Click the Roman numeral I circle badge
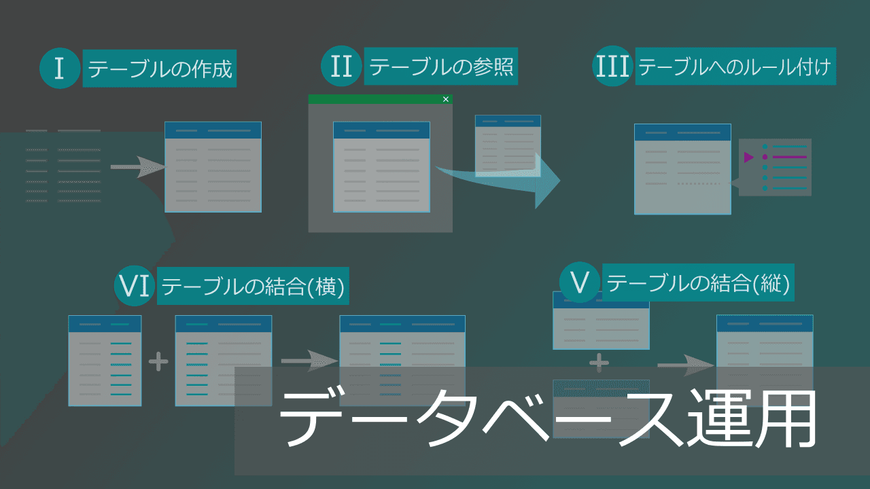(60, 69)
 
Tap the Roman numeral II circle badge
(341, 67)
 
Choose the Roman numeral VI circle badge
(134, 285)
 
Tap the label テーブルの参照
(440, 67)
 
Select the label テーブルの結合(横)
(254, 286)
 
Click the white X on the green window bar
(446, 99)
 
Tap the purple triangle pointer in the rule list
(748, 157)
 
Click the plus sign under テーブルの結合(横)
(158, 361)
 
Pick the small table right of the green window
(508, 145)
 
